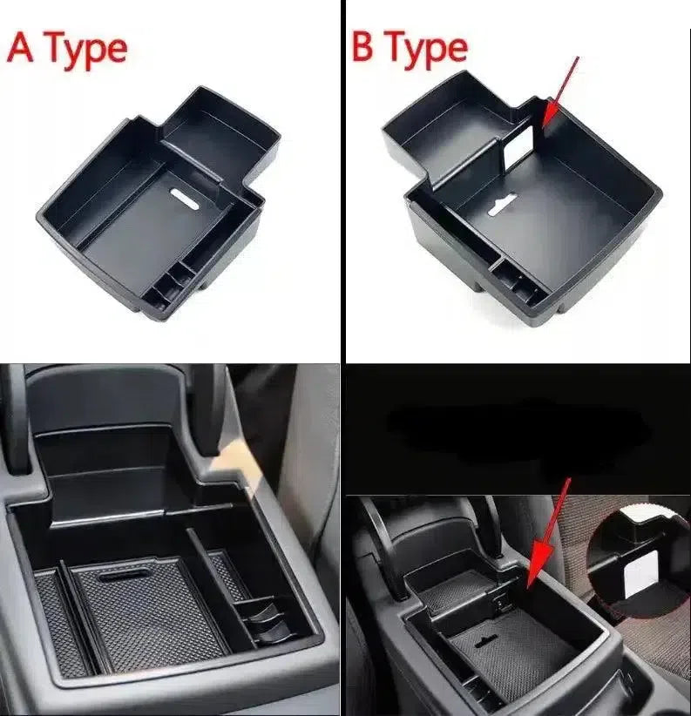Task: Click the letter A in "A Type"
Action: click(21, 48)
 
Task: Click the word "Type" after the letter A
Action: click(86, 51)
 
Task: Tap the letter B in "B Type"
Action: click(362, 46)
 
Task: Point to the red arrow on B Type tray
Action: click(560, 91)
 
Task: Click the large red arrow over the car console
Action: click(548, 533)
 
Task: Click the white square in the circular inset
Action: click(641, 573)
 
